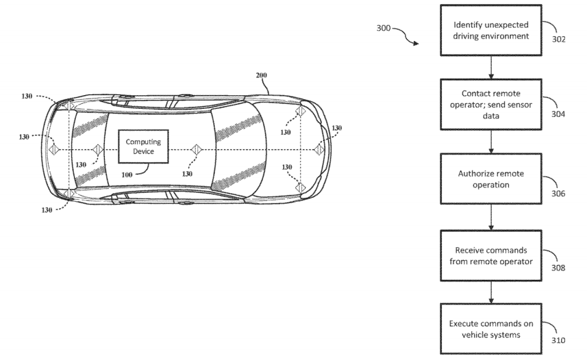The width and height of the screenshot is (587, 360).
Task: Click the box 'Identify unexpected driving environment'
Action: point(491,31)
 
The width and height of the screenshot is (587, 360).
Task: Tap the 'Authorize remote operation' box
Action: point(491,178)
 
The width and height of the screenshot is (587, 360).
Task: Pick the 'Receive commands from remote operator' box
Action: point(491,255)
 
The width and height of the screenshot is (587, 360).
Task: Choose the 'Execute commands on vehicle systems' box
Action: point(491,329)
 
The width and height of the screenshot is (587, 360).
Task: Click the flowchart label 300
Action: point(383,27)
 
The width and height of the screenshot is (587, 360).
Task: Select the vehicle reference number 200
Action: point(261,75)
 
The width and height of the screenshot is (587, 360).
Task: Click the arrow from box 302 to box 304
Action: point(491,67)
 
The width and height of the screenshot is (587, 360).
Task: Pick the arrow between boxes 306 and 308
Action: point(491,217)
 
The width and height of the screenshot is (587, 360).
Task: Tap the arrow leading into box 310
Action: point(491,292)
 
